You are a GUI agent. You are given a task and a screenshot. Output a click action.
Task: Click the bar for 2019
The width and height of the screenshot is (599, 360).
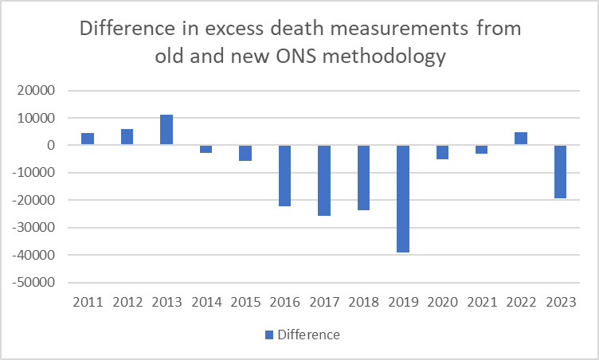point(402,198)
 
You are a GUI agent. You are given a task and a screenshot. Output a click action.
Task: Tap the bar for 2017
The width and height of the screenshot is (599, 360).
point(324,180)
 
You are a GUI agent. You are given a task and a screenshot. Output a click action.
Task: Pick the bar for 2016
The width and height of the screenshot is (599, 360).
point(284,175)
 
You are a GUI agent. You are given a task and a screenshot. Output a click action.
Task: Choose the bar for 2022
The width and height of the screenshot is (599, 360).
point(520,139)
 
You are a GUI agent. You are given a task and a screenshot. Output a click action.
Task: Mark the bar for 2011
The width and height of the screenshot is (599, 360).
point(88,139)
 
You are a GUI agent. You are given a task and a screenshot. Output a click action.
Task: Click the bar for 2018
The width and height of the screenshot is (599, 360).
point(363,178)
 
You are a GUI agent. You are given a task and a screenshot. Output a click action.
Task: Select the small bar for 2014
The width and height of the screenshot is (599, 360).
point(206,149)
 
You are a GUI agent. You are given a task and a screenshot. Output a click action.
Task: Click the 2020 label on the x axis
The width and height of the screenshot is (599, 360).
point(442,303)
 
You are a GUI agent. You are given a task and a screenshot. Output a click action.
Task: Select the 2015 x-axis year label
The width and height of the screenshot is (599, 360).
point(245,303)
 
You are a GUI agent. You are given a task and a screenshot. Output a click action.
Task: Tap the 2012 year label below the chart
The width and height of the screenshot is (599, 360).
point(127,303)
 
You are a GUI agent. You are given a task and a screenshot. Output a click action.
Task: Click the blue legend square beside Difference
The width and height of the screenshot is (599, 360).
point(269,335)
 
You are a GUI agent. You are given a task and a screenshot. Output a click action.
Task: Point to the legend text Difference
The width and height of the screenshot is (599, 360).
point(308,335)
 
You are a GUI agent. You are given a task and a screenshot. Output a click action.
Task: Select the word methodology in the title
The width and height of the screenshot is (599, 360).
point(397,57)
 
